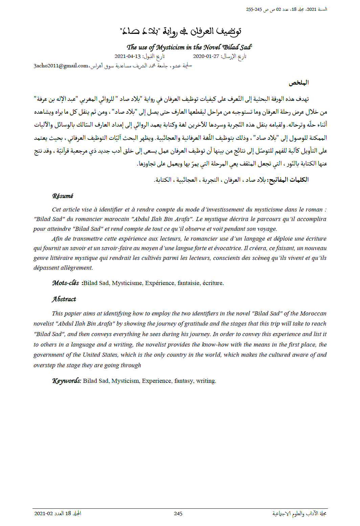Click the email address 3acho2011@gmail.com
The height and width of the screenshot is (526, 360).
pos(61,66)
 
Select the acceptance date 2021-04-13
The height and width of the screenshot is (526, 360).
pos(128,56)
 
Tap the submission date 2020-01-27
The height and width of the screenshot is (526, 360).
pos(206,56)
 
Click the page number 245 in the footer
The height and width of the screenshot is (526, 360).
pos(178,513)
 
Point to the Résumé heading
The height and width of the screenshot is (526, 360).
pos(63,196)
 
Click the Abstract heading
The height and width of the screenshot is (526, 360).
pos(64,299)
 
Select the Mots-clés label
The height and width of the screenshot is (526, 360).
pos(66,283)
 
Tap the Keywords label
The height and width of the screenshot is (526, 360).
pos(67,381)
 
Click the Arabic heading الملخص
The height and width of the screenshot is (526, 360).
pos(298,83)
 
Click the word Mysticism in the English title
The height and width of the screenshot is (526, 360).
pos(171,47)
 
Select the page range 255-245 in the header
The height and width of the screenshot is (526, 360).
pos(254,9)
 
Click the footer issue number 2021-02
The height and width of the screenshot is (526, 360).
pos(43,513)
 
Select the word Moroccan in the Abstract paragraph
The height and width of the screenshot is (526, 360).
pos(313,313)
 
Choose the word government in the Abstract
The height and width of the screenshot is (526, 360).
pos(49,355)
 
